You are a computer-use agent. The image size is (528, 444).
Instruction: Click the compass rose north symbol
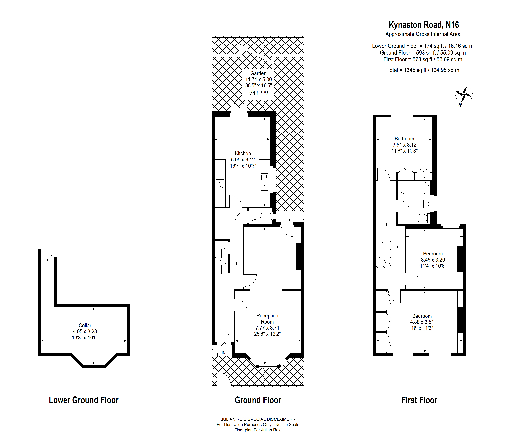(x=464, y=95)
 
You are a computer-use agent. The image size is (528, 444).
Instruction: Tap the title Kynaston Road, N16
(x=424, y=25)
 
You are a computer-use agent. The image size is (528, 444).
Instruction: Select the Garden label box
(x=258, y=84)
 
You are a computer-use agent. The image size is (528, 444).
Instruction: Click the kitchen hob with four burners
(x=220, y=184)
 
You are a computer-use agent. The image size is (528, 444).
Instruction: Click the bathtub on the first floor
(x=414, y=188)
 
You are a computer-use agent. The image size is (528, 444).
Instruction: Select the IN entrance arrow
(x=224, y=348)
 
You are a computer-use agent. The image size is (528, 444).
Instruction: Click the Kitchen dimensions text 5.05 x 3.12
(x=243, y=160)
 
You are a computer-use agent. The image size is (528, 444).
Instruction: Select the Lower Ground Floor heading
(x=84, y=400)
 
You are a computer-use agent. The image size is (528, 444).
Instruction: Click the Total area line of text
(x=423, y=70)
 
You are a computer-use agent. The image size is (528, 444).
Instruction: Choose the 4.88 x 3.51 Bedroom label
(x=422, y=322)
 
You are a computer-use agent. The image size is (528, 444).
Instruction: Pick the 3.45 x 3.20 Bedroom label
(x=433, y=260)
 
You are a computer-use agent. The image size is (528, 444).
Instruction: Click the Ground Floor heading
(x=258, y=400)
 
